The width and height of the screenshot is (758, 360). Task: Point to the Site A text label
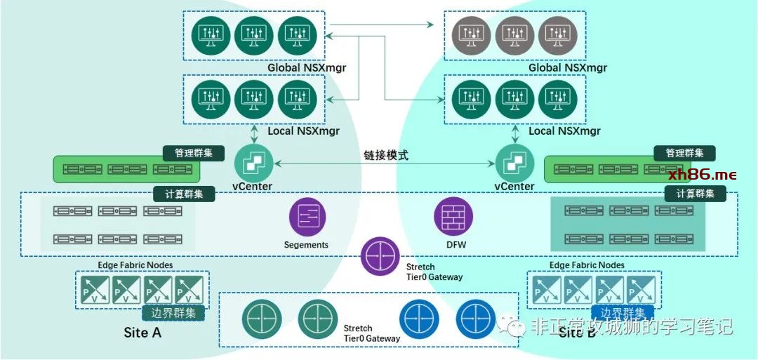(x=142, y=332)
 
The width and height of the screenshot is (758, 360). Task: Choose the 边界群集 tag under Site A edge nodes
(x=173, y=313)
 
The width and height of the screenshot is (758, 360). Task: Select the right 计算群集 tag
(x=695, y=194)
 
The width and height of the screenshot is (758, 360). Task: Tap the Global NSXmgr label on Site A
(x=307, y=67)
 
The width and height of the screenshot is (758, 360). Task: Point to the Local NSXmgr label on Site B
(x=564, y=131)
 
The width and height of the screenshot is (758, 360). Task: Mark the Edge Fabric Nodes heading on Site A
(x=135, y=265)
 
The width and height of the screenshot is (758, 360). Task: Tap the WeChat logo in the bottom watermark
(x=512, y=326)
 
